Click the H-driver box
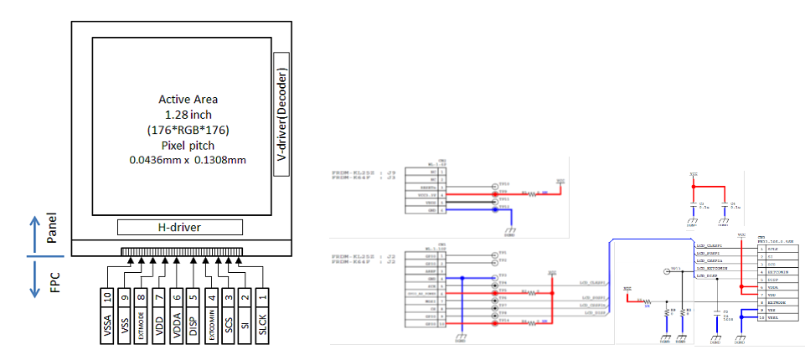[x=179, y=227]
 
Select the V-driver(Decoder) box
[x=282, y=113]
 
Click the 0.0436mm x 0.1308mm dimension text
[x=187, y=159]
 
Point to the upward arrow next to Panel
[x=34, y=229]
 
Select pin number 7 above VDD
[x=159, y=295]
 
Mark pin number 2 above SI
[x=246, y=295]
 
